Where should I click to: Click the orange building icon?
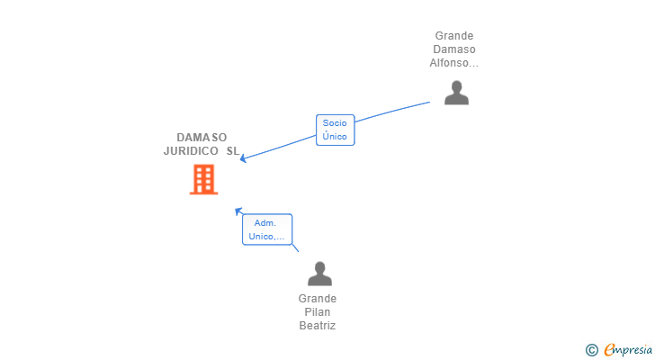pos(204,180)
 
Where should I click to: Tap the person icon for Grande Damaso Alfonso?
pos(456,93)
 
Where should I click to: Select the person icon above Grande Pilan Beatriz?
pos(320,274)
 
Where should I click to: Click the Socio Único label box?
pos(335,130)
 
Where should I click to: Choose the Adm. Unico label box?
pos(267,229)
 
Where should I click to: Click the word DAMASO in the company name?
pos(202,138)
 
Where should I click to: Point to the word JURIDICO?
pos(191,151)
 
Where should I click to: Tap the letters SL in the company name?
pos(233,151)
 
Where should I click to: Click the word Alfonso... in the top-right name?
pos(454,63)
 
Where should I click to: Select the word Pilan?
pos(318,312)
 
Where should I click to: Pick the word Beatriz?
pos(318,325)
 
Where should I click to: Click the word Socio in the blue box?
pos(335,123)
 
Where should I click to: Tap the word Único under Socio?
pos(335,136)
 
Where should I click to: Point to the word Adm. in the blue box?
pos(265,223)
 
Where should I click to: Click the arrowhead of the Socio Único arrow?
pos(243,158)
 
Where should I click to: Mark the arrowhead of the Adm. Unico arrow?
pos(238,211)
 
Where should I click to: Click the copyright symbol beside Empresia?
pos(591,350)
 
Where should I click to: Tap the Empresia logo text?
pos(628,350)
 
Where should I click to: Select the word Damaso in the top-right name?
pos(454,49)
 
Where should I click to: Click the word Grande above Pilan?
pos(318,299)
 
